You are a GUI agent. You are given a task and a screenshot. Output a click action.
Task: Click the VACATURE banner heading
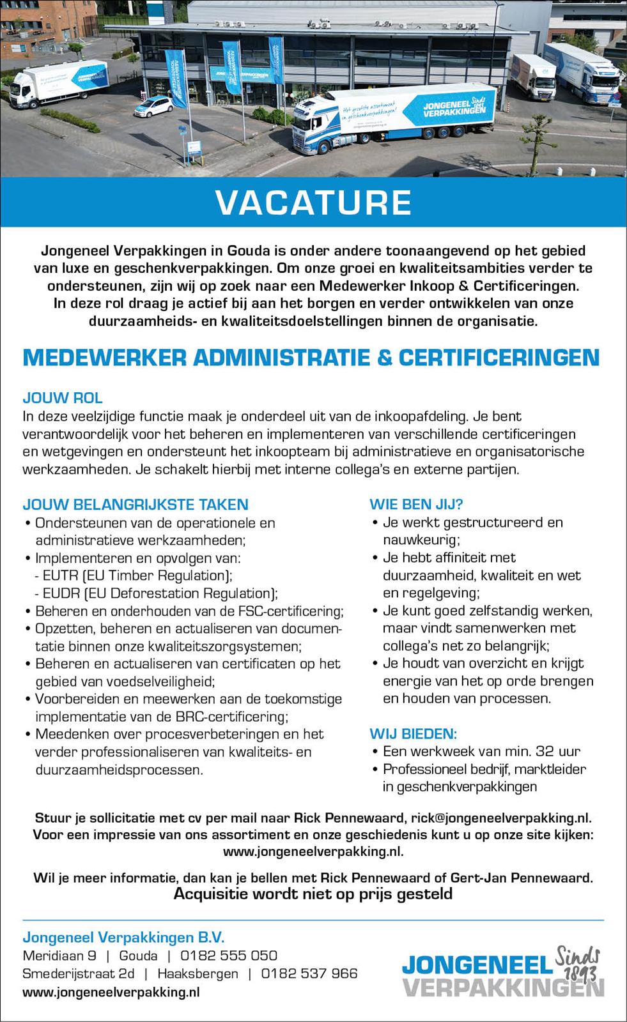pyautogui.click(x=313, y=202)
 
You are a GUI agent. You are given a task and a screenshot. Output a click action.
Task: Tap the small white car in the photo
pyautogui.click(x=152, y=106)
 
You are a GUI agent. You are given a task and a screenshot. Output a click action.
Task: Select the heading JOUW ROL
pyautogui.click(x=63, y=398)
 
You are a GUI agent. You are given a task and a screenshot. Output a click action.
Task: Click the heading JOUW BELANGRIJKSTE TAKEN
pyautogui.click(x=135, y=505)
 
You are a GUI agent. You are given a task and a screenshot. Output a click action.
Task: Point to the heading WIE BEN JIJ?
pyautogui.click(x=416, y=505)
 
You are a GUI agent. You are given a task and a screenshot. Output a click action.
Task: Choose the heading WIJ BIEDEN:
pyautogui.click(x=414, y=734)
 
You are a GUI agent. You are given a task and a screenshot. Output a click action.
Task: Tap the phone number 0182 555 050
pyautogui.click(x=229, y=956)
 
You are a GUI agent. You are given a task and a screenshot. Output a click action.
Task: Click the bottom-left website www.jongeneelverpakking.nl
pyautogui.click(x=111, y=992)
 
